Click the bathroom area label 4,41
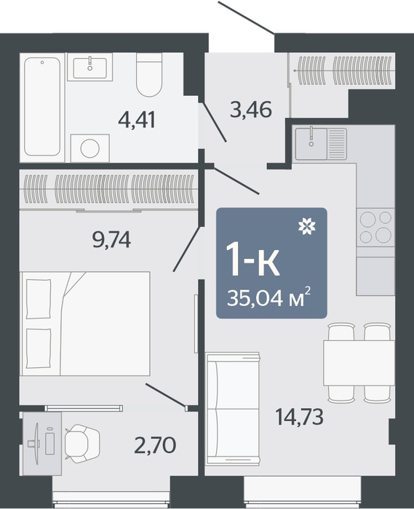tap(137, 120)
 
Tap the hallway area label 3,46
tap(251, 109)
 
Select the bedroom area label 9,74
tap(112, 240)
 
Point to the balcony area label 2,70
tap(155, 445)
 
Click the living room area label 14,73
tap(299, 417)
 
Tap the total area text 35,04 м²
tap(269, 297)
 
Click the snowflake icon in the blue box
tap(307, 226)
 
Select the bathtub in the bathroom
tap(42, 106)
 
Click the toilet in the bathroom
tap(149, 75)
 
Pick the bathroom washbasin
tap(90, 68)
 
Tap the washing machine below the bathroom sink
tap(90, 148)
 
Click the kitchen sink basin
tap(311, 143)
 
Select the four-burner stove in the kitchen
tap(375, 227)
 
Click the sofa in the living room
tap(233, 409)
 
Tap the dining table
tap(359, 363)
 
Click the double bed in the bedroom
tap(85, 324)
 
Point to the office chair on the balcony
tap(82, 443)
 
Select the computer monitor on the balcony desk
tap(36, 444)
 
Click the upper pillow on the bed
tap(39, 299)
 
